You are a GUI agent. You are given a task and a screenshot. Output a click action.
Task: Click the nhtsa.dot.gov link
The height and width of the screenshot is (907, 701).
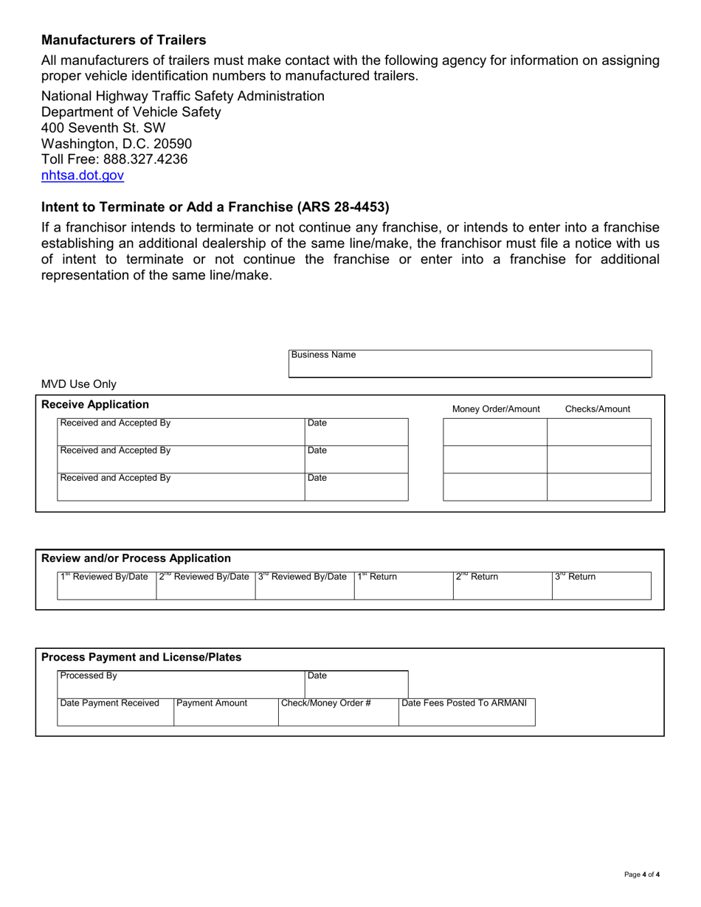pyautogui.click(x=83, y=176)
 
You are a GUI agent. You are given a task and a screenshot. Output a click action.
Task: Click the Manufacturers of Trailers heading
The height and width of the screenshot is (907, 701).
pyautogui.click(x=123, y=40)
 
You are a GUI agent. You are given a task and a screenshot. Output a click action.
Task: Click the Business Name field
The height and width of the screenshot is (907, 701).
pyautogui.click(x=470, y=364)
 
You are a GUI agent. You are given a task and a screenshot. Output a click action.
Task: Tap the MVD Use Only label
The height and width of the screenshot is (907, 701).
pyautogui.click(x=79, y=384)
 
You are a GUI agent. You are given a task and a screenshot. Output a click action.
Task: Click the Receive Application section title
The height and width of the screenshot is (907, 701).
pyautogui.click(x=95, y=405)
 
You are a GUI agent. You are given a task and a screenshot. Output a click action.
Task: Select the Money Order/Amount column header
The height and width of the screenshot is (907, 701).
pyautogui.click(x=496, y=409)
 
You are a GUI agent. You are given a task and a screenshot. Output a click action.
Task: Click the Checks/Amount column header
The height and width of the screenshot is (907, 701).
pyautogui.click(x=598, y=409)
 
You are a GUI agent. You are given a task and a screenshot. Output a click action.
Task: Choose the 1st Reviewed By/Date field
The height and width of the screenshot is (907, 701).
pyautogui.click(x=107, y=585)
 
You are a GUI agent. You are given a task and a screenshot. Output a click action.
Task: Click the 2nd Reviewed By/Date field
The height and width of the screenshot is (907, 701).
pyautogui.click(x=206, y=585)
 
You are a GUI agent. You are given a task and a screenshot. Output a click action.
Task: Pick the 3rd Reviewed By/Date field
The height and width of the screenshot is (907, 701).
pyautogui.click(x=305, y=585)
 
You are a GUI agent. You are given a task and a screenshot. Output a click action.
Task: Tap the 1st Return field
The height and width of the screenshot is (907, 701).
pyautogui.click(x=403, y=585)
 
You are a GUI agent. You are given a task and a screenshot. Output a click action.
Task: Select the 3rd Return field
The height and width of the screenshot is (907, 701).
pyautogui.click(x=601, y=585)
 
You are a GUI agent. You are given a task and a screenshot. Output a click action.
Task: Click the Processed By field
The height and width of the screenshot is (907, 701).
pyautogui.click(x=181, y=684)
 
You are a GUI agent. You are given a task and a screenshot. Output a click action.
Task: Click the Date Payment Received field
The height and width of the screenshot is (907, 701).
pyautogui.click(x=115, y=712)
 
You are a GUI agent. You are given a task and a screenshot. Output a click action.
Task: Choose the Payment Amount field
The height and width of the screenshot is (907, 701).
pyautogui.click(x=226, y=712)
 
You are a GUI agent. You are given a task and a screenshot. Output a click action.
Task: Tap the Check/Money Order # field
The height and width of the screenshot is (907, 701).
pyautogui.click(x=338, y=712)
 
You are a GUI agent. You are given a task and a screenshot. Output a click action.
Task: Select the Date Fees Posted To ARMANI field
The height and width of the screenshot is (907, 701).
pyautogui.click(x=466, y=712)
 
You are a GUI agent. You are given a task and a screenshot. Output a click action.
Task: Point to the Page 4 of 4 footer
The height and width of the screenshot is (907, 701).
pyautogui.click(x=641, y=875)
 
